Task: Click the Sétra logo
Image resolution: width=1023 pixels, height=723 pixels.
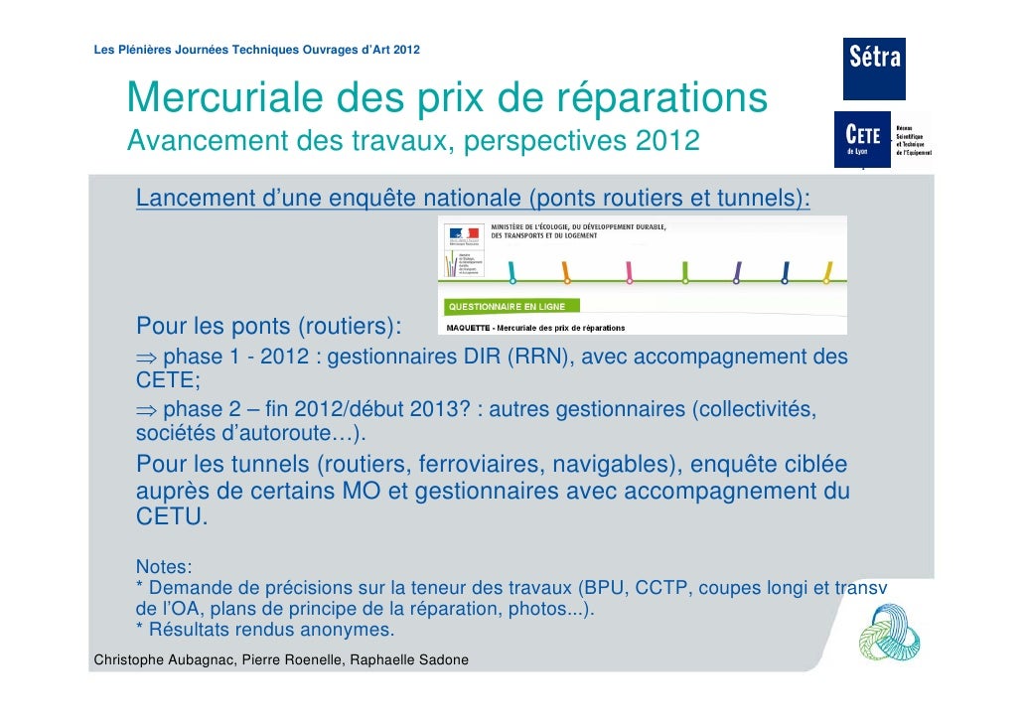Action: point(874,69)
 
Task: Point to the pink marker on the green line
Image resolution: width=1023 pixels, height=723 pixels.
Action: point(629,270)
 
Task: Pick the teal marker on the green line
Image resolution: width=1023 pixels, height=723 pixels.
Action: point(511,270)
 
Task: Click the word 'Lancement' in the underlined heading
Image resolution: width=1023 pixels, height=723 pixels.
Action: point(195,199)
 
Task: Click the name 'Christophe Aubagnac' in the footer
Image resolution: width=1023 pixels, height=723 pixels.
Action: point(162,660)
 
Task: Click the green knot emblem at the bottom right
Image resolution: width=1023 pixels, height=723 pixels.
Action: point(890,636)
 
